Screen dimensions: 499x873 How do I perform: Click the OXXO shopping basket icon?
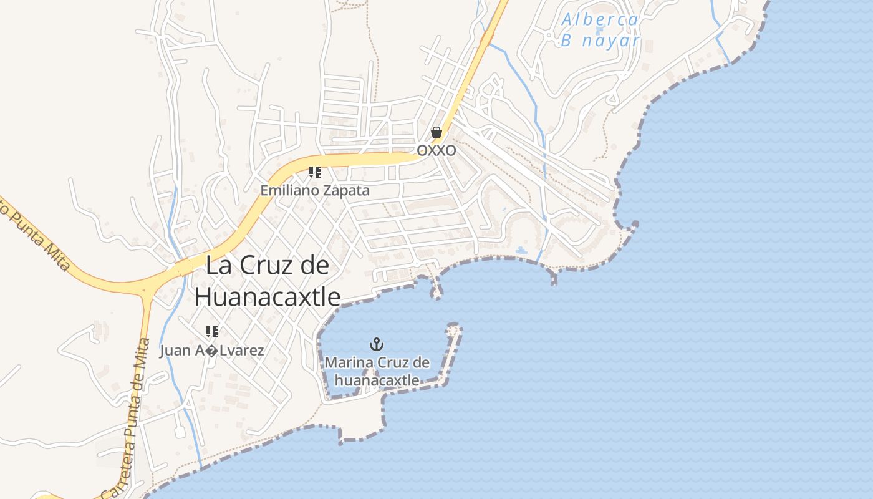click(436, 132)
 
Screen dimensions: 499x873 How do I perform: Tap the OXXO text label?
click(436, 151)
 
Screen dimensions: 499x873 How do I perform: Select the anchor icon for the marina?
click(377, 344)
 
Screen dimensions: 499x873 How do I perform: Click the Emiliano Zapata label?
click(315, 190)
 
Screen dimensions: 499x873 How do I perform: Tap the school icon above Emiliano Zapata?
click(315, 172)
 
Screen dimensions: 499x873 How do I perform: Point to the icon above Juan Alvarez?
click(212, 331)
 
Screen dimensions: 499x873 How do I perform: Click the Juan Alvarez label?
click(212, 351)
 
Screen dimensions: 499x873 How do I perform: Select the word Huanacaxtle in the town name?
click(268, 297)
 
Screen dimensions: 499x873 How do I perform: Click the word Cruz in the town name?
click(268, 266)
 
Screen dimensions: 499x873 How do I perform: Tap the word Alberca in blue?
click(600, 20)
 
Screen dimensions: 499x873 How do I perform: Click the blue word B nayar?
click(600, 41)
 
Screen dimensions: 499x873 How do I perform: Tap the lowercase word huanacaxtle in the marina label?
click(377, 379)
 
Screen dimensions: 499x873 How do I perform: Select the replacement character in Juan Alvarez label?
click(212, 351)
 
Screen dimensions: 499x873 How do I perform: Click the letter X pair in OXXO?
click(436, 151)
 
